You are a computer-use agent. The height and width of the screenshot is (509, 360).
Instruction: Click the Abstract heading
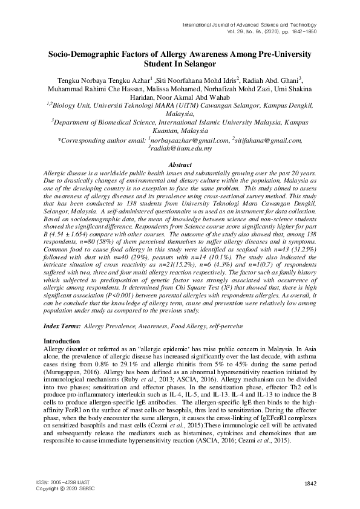(x=179, y=164)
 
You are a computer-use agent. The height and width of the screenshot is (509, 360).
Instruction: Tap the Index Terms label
(x=63, y=326)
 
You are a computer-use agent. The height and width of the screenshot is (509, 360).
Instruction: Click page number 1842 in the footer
(x=310, y=483)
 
